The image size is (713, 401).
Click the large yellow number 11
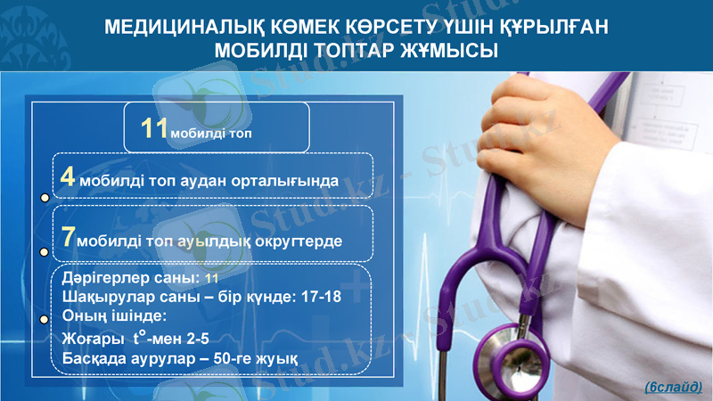pyautogui.click(x=154, y=127)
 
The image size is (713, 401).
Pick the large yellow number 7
pyautogui.click(x=68, y=238)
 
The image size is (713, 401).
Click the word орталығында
pyautogui.click(x=283, y=180)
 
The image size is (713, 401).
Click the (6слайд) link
pyautogui.click(x=673, y=387)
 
